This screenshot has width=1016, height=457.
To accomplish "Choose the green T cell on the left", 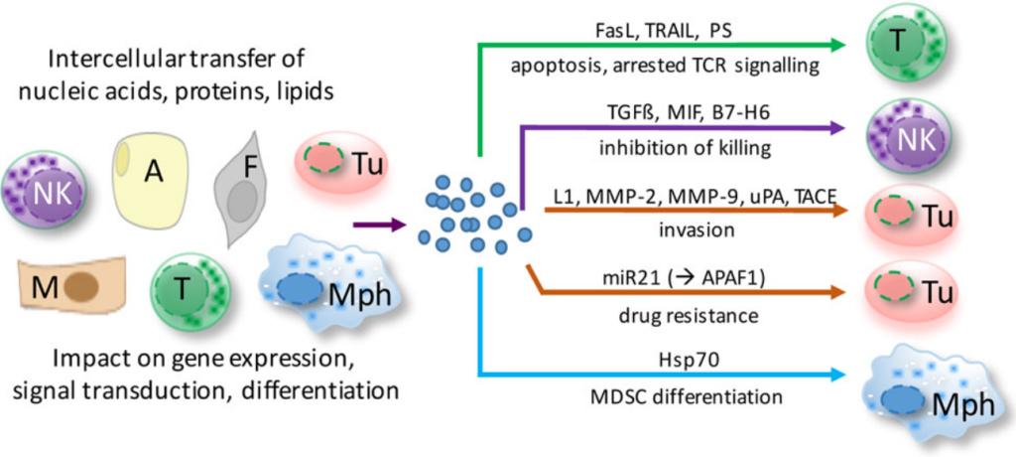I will (x=190, y=290).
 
